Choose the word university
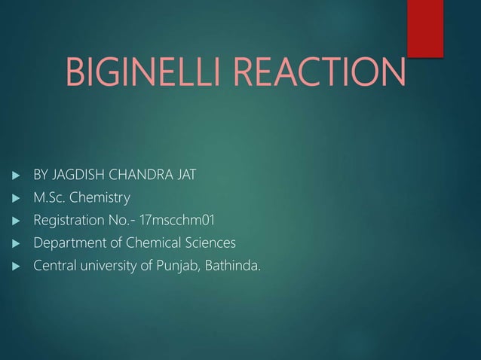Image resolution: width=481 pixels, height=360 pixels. pos(110,266)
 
